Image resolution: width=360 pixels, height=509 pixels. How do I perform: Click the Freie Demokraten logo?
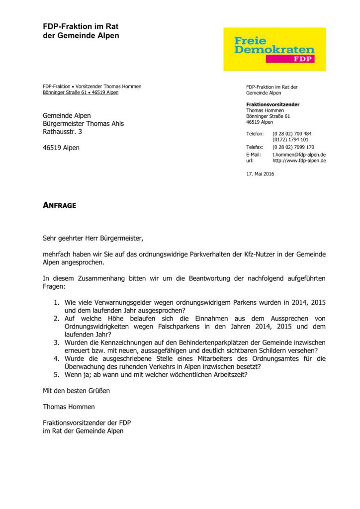[274, 49]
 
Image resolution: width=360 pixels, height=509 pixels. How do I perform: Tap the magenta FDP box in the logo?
[296, 59]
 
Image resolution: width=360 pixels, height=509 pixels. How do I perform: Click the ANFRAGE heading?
[59, 205]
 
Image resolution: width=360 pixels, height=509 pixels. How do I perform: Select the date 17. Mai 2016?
[260, 174]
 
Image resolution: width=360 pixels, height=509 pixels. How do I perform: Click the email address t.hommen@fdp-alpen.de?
[299, 155]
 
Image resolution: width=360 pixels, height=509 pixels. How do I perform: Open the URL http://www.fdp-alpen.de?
[299, 161]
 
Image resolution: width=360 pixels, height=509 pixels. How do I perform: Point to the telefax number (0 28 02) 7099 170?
[293, 147]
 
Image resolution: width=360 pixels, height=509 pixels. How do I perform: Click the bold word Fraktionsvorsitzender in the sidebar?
[273, 104]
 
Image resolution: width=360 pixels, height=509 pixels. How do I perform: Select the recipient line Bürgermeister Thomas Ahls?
[83, 124]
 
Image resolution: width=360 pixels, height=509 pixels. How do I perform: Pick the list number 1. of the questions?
[57, 303]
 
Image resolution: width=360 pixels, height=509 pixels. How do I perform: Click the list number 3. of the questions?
[57, 342]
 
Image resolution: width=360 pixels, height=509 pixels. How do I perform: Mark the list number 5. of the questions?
[57, 374]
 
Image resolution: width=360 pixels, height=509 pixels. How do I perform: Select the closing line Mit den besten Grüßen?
[76, 391]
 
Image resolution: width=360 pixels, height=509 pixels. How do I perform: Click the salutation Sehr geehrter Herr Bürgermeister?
[93, 238]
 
